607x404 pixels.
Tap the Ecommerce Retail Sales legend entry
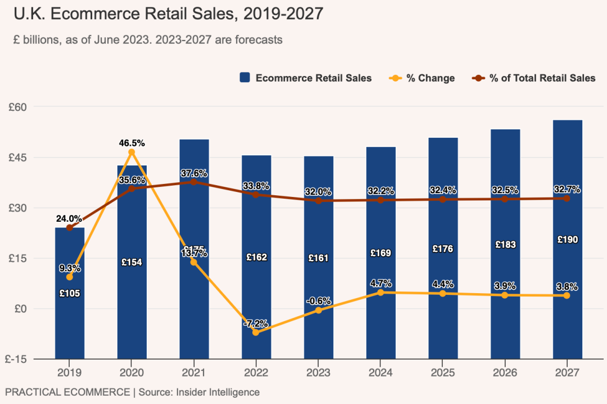pos(306,78)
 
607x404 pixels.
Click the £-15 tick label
pos(20,359)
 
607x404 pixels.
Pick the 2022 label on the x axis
pos(256,372)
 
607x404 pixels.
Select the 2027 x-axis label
pos(567,372)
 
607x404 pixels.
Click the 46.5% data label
pos(132,143)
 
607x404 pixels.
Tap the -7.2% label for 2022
pos(256,324)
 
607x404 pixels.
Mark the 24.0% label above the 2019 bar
pos(69,218)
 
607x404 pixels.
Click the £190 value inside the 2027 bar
pos(567,240)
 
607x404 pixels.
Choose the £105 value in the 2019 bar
pos(70,293)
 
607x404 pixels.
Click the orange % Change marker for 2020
pos(132,152)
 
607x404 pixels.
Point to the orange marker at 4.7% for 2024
pos(380,292)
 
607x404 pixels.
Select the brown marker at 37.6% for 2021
pos(194,182)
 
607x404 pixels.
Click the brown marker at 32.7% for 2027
pos(567,198)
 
